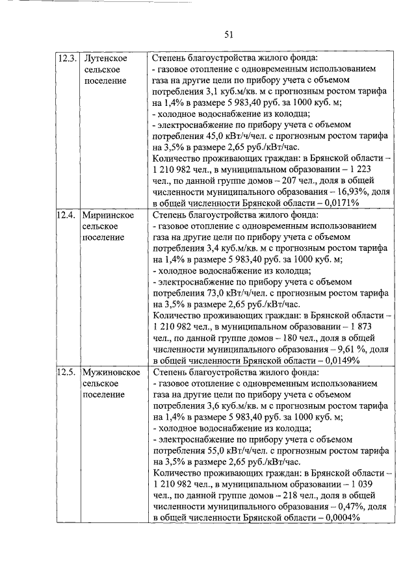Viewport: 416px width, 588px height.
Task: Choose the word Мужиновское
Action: (x=112, y=373)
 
